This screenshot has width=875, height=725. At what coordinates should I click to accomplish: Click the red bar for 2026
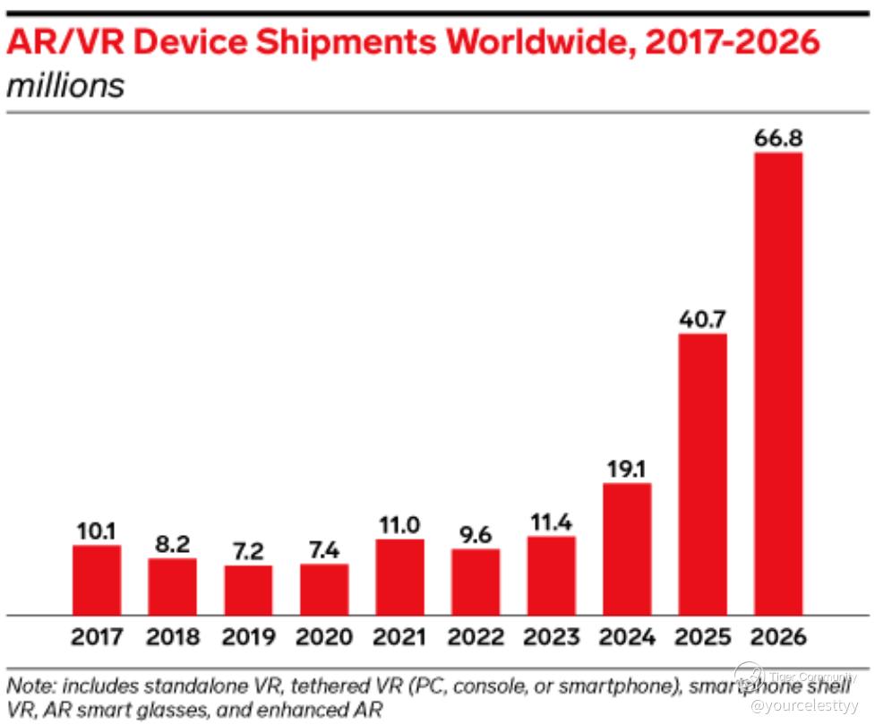[x=778, y=384]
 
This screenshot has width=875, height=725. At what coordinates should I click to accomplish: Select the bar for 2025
[x=702, y=474]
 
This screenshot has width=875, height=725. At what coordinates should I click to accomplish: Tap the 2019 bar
[x=248, y=590]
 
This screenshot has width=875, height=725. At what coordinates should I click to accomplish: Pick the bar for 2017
[x=97, y=580]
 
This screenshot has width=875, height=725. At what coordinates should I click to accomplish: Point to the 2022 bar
[x=476, y=582]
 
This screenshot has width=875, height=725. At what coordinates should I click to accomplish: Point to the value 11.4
[x=551, y=521]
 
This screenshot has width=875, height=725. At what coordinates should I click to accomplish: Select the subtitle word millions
[x=64, y=86]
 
